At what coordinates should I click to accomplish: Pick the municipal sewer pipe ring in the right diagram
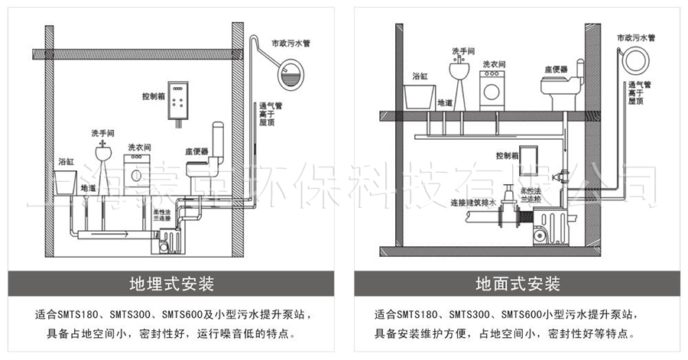[634, 60]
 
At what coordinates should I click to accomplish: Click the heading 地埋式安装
[170, 284]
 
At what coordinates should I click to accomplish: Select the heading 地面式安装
[518, 284]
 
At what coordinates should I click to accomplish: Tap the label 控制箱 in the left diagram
[154, 97]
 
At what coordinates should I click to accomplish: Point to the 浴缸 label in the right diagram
[420, 76]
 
